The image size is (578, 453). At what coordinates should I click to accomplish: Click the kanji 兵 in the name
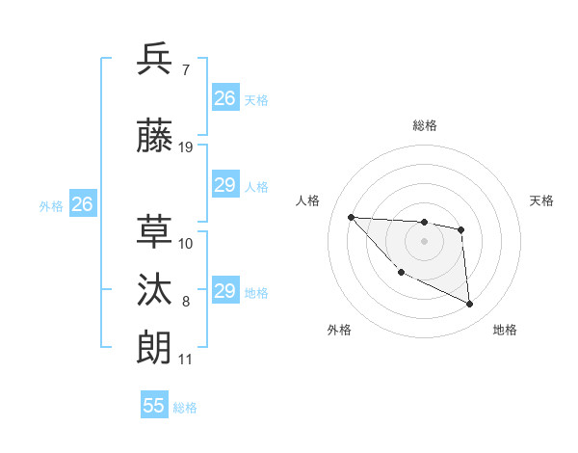point(155,60)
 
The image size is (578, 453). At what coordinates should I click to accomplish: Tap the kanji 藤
point(155,137)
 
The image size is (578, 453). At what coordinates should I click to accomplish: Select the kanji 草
point(155,229)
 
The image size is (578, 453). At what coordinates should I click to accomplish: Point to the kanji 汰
point(155,289)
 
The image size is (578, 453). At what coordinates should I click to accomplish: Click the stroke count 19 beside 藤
point(186,147)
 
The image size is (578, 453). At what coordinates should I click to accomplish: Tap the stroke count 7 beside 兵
point(186,70)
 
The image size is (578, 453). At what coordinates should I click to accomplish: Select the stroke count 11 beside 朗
point(186,360)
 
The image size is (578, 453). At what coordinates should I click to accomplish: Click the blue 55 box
point(154,406)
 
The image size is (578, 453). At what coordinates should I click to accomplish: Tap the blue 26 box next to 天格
point(225,97)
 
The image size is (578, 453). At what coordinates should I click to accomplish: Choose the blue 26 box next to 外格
point(83,203)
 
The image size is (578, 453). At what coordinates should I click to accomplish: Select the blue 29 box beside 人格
point(225,185)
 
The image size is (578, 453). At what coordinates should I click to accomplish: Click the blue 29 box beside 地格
point(225,291)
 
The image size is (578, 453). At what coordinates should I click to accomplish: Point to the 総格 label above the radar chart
point(425,125)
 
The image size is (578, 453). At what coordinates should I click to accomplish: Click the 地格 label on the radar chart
point(505,330)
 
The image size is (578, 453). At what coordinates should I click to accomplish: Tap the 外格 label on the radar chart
point(339,330)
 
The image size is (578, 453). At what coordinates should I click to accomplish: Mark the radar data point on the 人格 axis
point(352,217)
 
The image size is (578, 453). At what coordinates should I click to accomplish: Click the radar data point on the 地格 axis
point(470,305)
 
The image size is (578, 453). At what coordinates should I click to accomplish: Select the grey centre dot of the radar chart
point(424,241)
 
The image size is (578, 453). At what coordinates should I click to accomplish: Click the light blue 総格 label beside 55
point(185,408)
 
